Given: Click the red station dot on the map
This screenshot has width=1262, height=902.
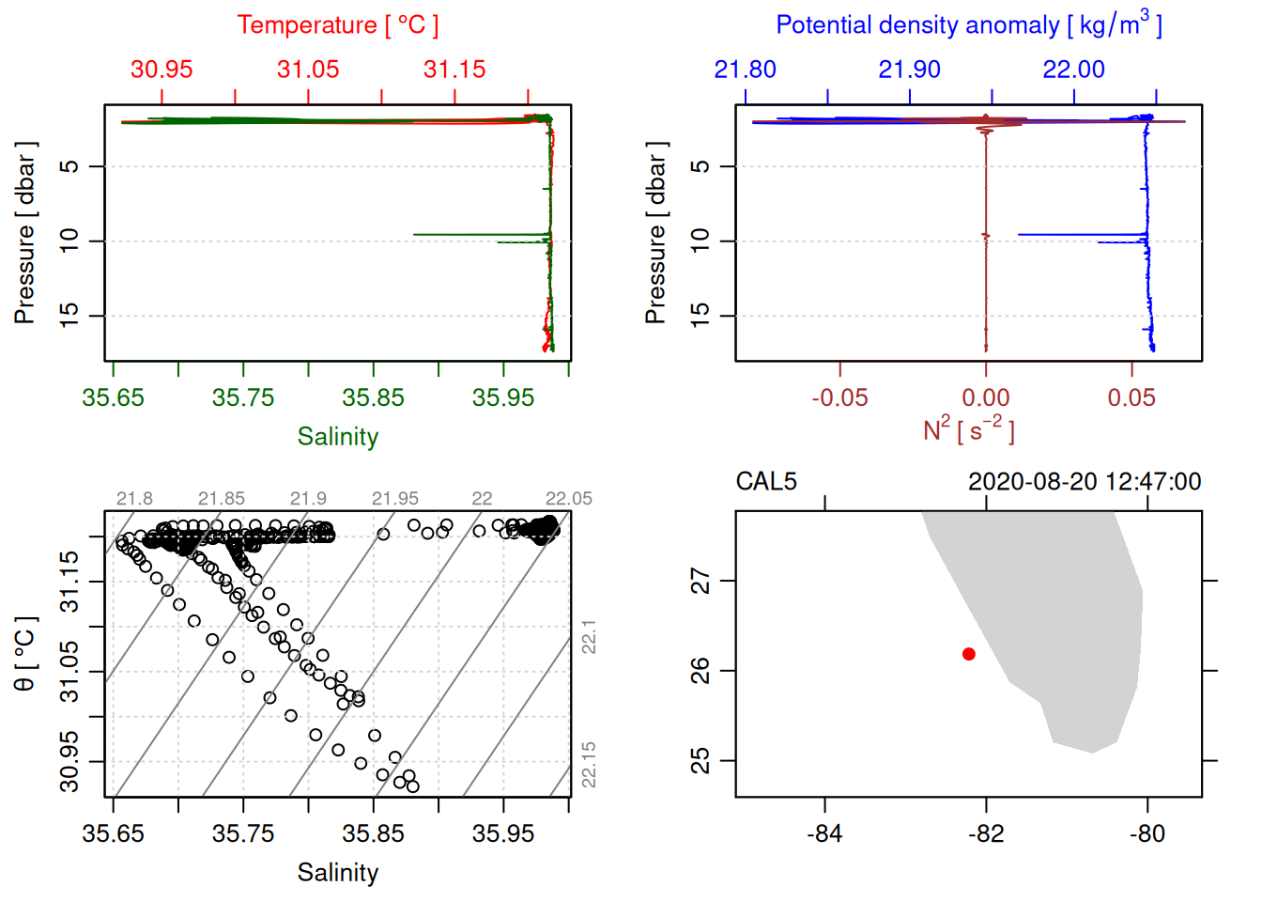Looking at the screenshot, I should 968,654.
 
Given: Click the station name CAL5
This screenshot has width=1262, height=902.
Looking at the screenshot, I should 765,482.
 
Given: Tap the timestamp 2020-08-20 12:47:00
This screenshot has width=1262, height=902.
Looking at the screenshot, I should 1084,482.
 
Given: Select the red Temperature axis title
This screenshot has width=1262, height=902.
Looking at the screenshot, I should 337,25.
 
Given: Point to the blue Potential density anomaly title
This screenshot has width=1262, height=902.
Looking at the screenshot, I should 968,25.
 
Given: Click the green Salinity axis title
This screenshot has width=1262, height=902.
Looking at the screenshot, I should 337,437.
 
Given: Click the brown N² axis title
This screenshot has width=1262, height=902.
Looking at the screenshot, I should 968,430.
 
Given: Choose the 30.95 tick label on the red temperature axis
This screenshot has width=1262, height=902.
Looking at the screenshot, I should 162,70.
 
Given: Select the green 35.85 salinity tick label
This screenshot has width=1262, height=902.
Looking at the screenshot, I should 373,397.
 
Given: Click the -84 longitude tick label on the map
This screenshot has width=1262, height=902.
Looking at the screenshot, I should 824,833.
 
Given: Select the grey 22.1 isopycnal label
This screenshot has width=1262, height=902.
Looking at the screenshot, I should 589,637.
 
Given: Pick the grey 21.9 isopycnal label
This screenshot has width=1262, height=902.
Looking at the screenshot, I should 308,499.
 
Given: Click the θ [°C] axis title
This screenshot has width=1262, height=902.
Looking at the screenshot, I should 25,654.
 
